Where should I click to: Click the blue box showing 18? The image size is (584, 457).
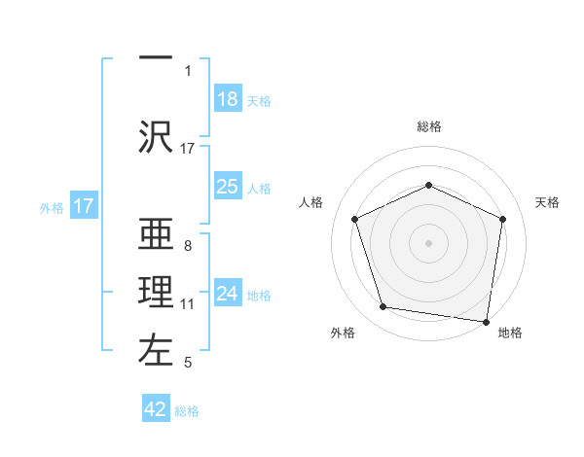click(228, 99)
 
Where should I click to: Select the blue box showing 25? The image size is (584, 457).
click(228, 187)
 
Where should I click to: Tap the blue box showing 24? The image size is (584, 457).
click(228, 294)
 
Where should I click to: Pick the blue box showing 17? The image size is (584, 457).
click(84, 206)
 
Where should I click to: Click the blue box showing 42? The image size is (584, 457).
click(157, 409)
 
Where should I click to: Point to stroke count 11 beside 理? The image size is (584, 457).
click(188, 304)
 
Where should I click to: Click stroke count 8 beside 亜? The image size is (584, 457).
click(187, 245)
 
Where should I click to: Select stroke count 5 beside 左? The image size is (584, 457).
click(187, 363)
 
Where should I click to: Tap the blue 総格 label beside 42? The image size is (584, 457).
click(187, 411)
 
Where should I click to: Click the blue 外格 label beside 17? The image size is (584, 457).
click(52, 207)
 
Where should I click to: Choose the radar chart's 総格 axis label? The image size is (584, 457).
click(428, 126)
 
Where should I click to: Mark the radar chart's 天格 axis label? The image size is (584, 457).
click(548, 202)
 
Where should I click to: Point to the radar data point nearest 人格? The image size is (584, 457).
click(354, 218)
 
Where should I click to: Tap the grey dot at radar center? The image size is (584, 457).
click(428, 242)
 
